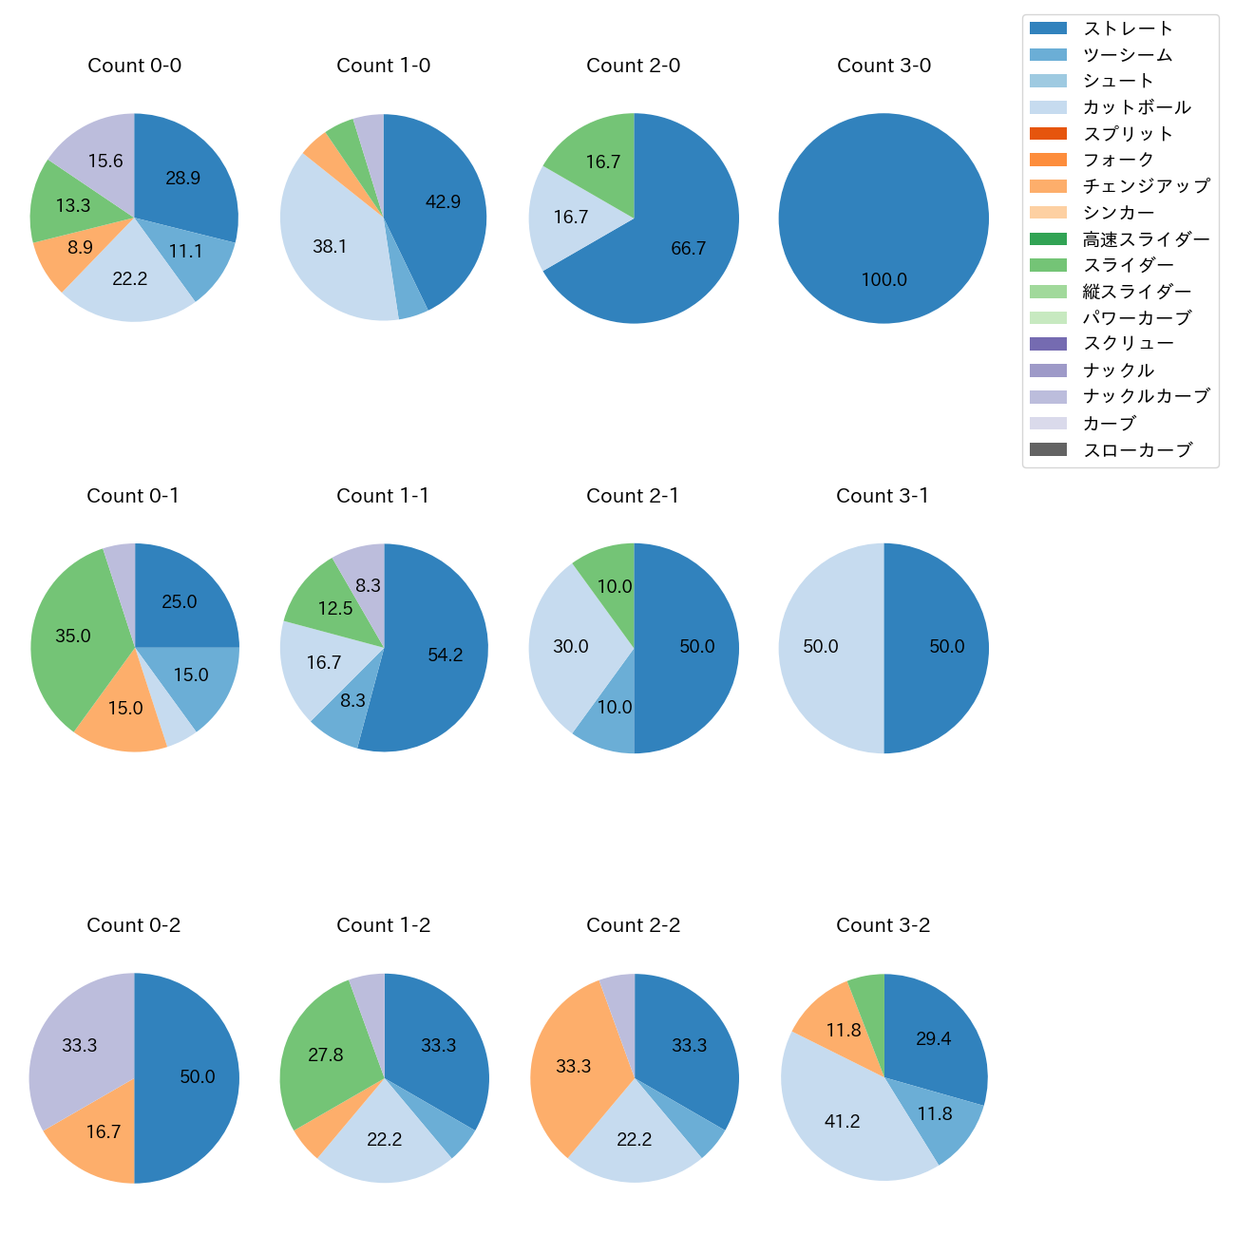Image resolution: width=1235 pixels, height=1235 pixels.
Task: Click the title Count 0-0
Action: pos(134,66)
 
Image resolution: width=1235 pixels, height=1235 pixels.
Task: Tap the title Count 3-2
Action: pos(883,925)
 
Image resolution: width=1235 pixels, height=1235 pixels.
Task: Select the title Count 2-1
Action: pos(633,496)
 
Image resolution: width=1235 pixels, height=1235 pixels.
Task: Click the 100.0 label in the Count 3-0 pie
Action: pos(883,279)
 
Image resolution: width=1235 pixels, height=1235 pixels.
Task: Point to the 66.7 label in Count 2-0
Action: pos(688,248)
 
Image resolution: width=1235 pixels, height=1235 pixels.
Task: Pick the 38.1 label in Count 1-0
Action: pos(330,246)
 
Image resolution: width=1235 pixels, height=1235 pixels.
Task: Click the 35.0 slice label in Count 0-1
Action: pos(73,636)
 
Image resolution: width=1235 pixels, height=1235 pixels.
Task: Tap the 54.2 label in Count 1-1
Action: pos(445,655)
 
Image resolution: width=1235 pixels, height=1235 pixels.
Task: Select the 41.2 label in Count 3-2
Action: pos(842,1121)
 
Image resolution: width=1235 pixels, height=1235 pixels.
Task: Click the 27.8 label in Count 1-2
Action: pos(326,1054)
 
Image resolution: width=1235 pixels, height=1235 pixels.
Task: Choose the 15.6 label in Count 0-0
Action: pos(105,161)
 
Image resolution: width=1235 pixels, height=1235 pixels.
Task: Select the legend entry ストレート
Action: pos(1128,28)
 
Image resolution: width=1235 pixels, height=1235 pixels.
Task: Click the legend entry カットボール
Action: pos(1136,107)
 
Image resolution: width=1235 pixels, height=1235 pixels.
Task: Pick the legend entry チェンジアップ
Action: pos(1146,186)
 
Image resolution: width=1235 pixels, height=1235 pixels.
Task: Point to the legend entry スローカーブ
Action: pos(1137,449)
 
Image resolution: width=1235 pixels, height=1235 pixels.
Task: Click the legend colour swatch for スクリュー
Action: pos(1048,344)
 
